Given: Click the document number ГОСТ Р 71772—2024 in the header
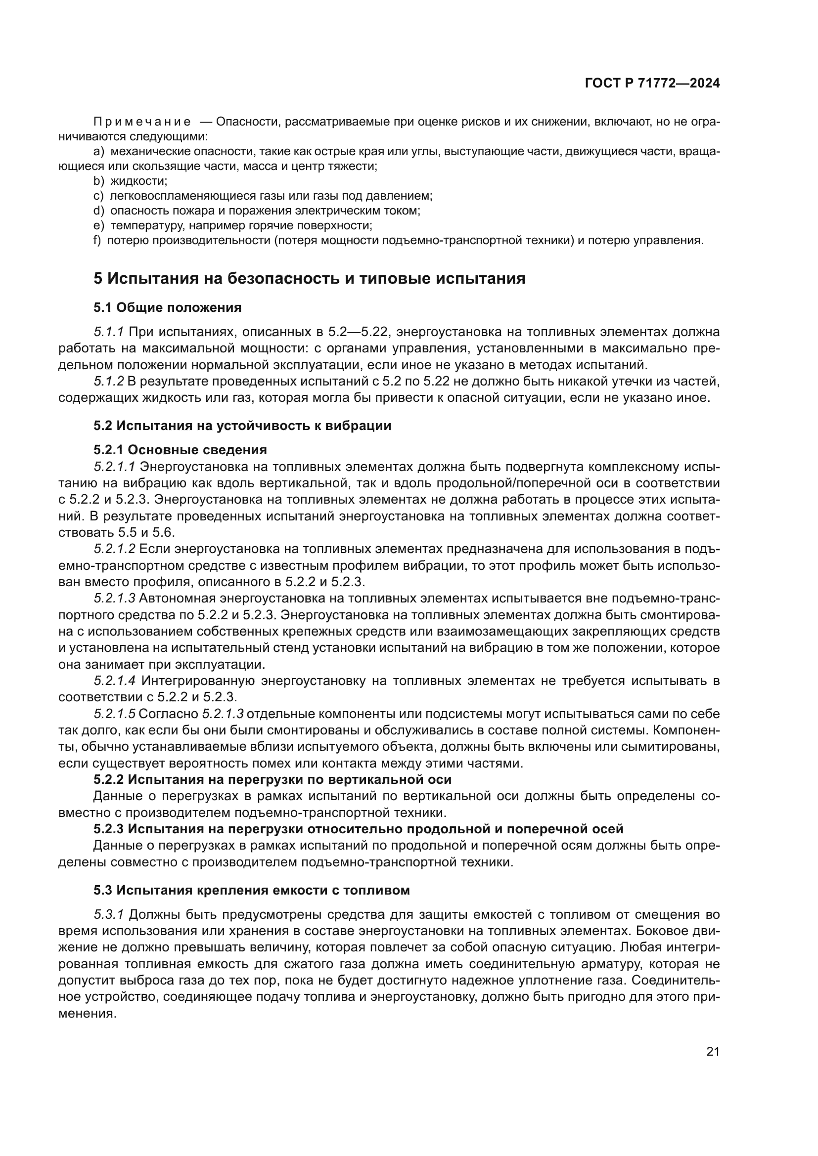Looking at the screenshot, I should [652, 83].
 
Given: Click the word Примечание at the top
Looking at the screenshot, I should [142, 122].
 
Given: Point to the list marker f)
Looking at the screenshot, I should [97, 240].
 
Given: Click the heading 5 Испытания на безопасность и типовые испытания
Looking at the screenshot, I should [309, 278].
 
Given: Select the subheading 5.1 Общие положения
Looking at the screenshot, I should [167, 307].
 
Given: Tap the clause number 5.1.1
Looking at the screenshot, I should [109, 332].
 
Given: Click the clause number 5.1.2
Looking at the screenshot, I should [109, 381].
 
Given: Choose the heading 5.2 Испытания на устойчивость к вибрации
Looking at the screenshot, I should [242, 426].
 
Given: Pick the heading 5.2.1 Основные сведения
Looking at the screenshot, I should [181, 449].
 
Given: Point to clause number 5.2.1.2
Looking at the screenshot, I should [114, 549].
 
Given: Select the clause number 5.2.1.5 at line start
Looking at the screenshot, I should [114, 714].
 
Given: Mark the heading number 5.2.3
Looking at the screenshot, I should [108, 829].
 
